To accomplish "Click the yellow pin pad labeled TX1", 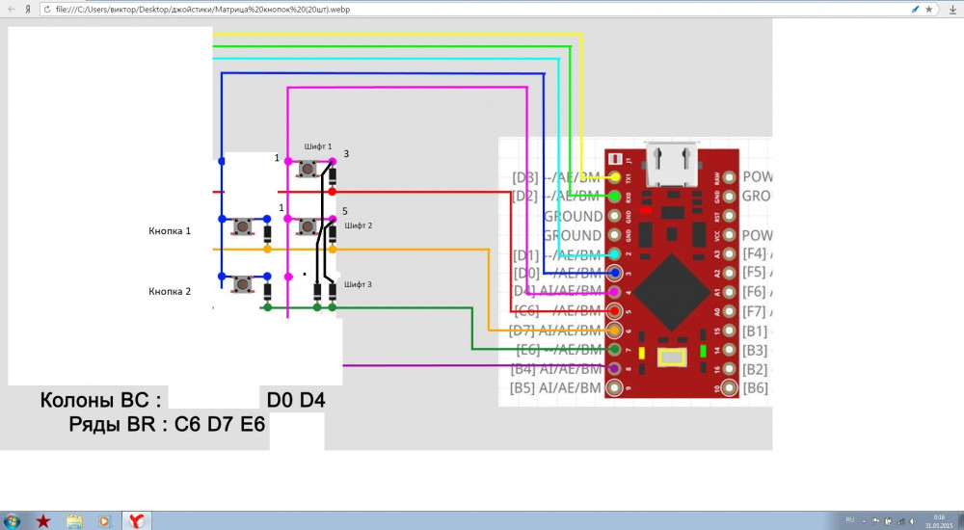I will click(615, 177).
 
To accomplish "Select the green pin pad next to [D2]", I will click(615, 197).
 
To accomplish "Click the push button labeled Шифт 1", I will click(308, 169).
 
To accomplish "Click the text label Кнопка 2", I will click(170, 290).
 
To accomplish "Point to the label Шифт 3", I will click(358, 284).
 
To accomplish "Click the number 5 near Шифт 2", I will click(345, 209).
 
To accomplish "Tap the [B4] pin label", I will click(523, 368).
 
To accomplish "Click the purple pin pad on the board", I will click(615, 368).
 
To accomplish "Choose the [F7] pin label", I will click(756, 311).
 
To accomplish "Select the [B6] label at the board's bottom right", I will click(756, 387).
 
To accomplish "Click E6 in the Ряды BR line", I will click(254, 426).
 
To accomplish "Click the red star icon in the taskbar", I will click(43, 520).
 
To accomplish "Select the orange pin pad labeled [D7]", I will click(615, 331).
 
